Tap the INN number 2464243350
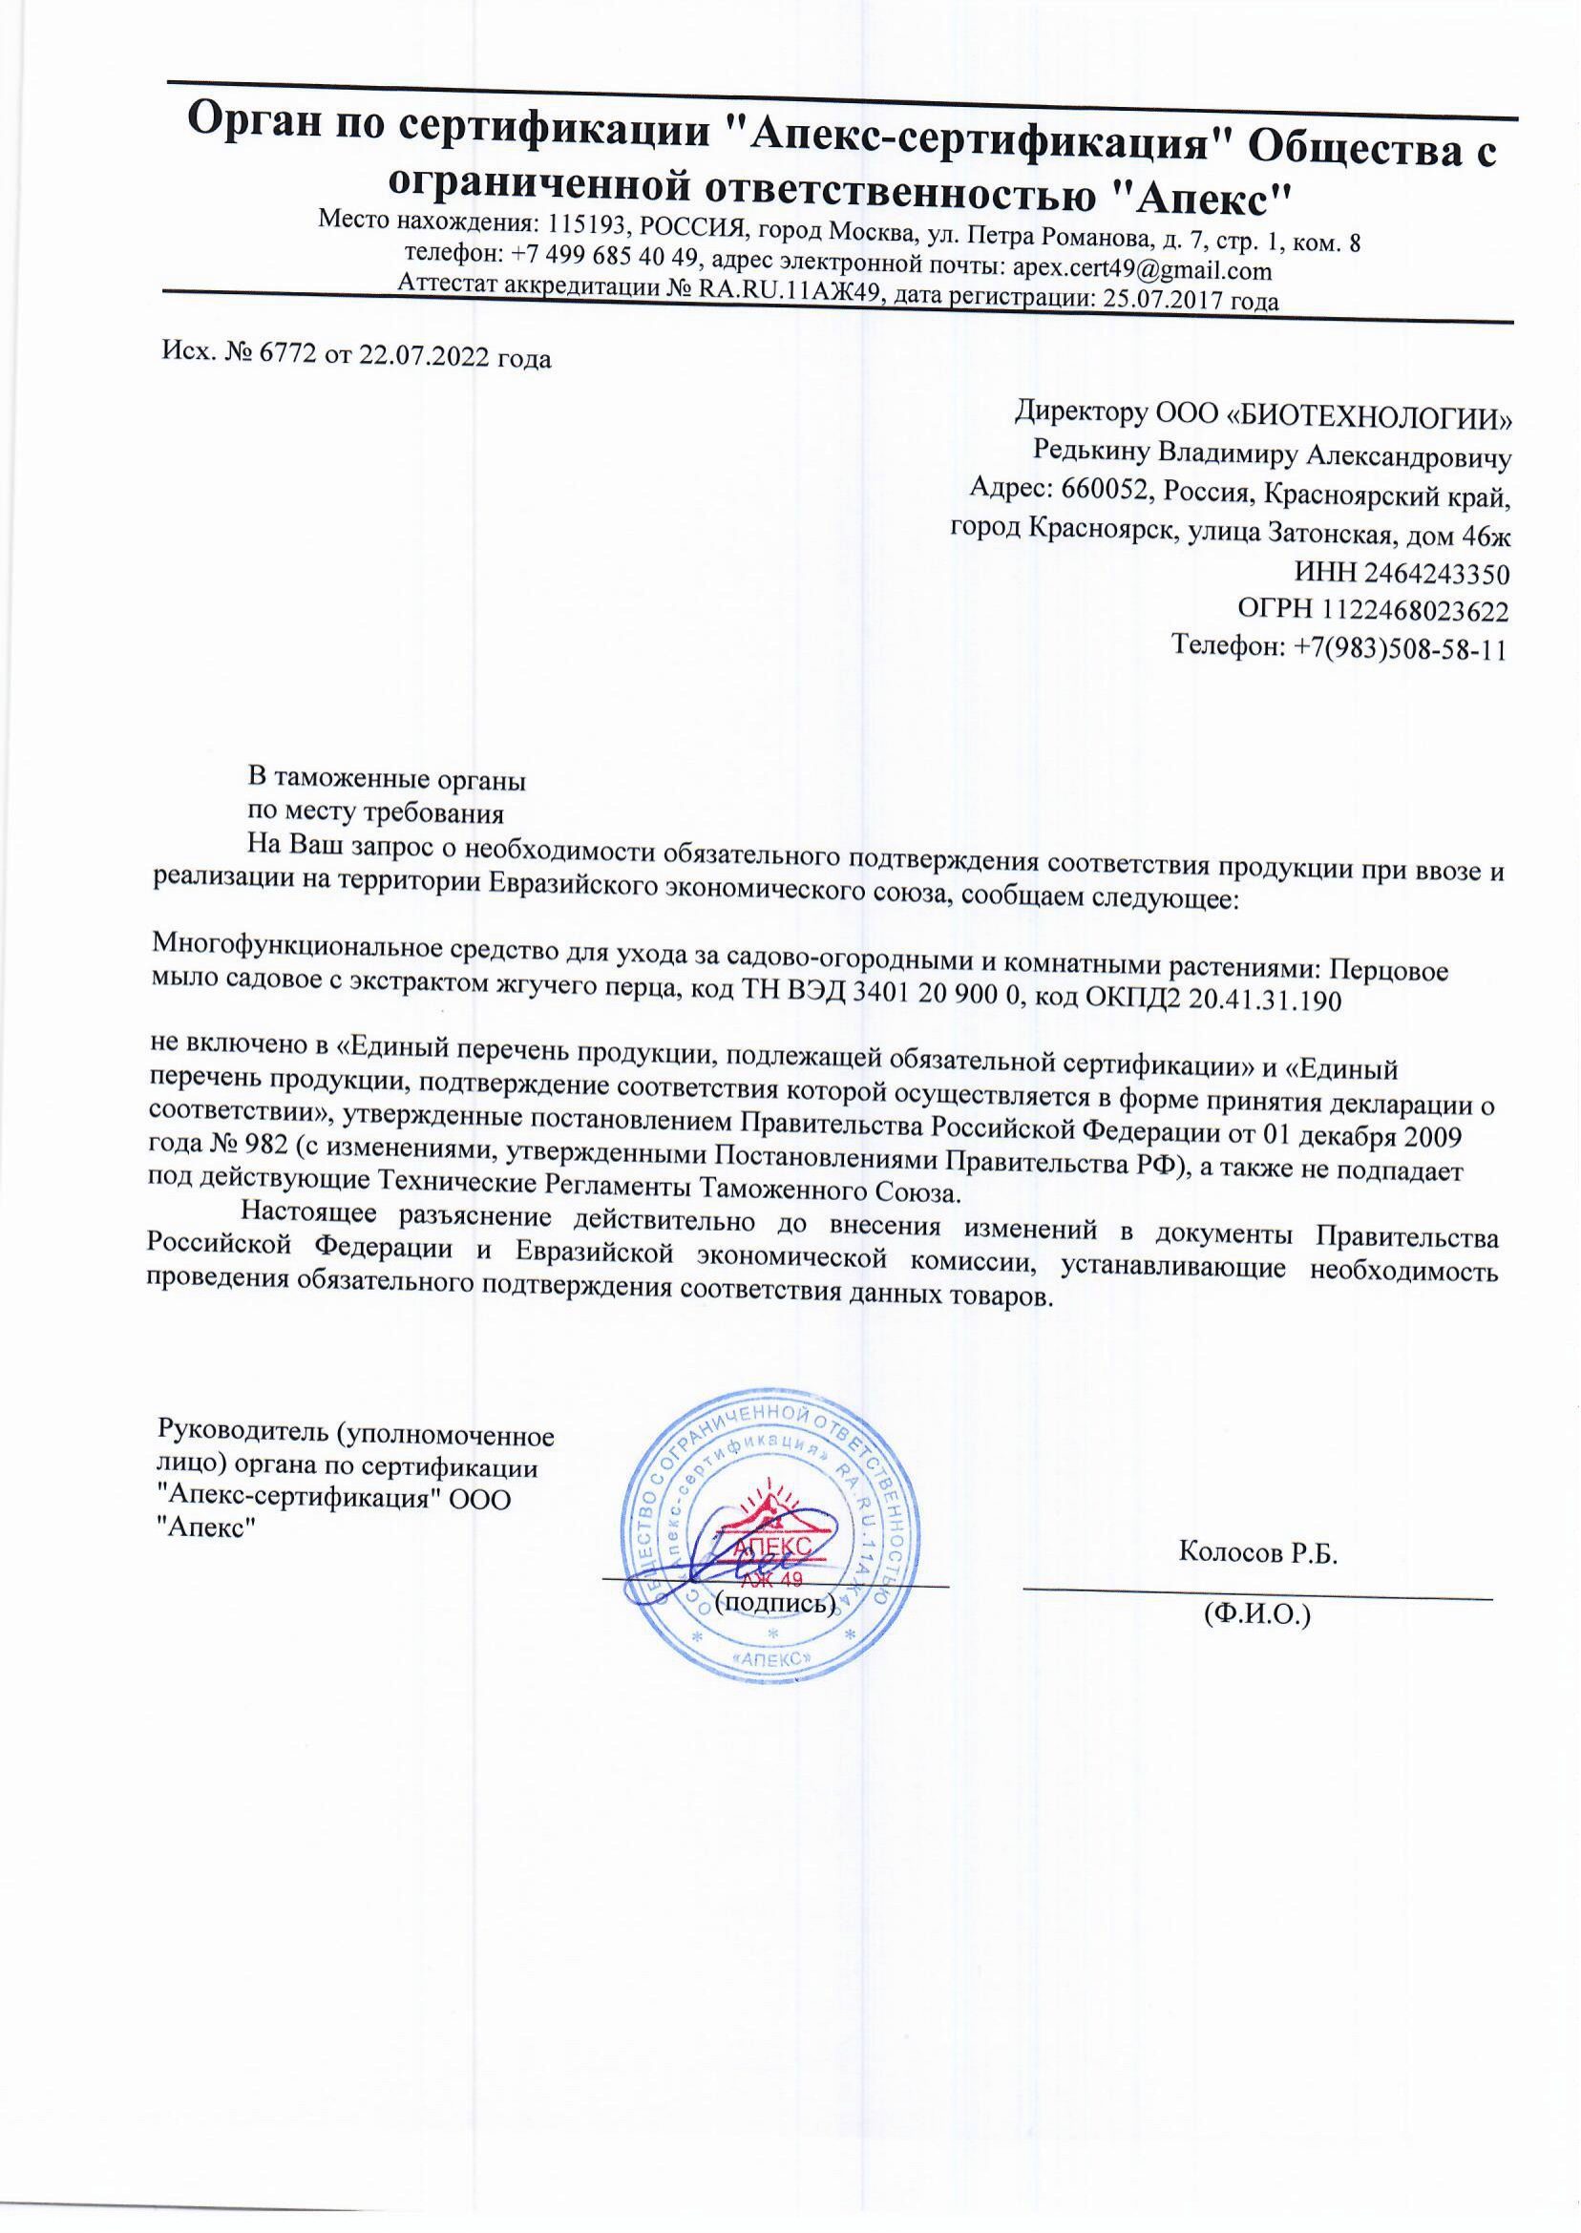(1436, 574)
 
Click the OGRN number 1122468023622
(1414, 611)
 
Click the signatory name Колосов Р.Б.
(1257, 1551)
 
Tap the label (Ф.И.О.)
(1256, 1615)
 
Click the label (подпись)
(775, 1602)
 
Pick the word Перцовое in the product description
(1388, 971)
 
